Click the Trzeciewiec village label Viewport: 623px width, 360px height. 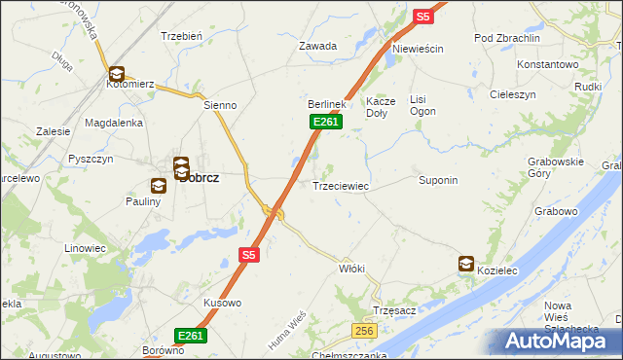coord(340,186)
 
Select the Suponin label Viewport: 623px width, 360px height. coord(438,181)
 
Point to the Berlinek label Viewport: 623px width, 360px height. coord(327,104)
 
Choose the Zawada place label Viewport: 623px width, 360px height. coord(317,46)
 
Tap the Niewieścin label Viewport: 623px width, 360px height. coord(418,49)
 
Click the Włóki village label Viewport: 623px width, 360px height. coord(351,268)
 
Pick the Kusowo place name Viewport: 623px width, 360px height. coord(222,304)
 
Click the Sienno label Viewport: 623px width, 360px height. coord(221,104)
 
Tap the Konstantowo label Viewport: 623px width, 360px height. coord(548,64)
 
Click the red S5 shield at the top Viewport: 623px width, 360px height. coord(421,17)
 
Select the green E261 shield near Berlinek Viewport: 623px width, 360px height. coord(325,121)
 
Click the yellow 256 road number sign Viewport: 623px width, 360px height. coord(364,332)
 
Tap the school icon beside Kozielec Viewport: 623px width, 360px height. coord(466,264)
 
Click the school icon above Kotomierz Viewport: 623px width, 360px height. coord(116,73)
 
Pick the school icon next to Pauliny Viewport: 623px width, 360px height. coord(160,185)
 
